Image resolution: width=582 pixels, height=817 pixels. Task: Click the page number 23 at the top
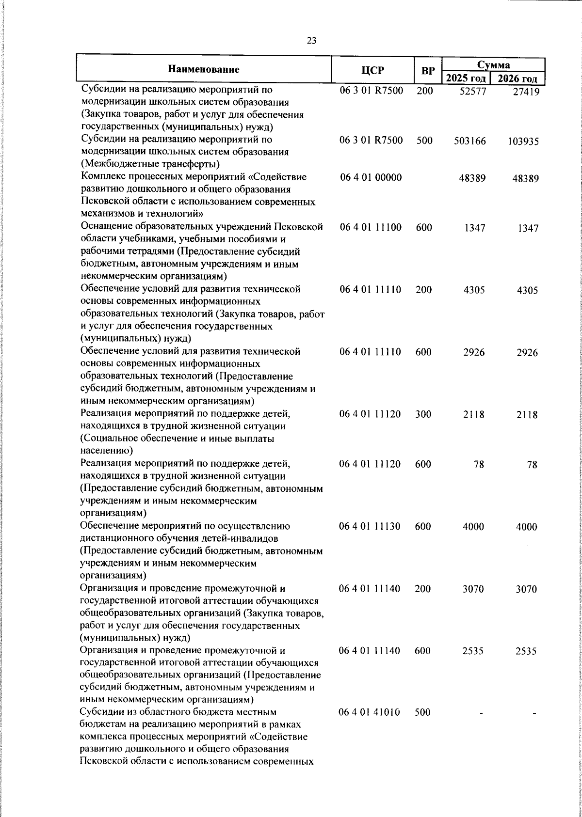(x=311, y=40)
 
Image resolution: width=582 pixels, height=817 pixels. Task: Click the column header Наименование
(x=204, y=69)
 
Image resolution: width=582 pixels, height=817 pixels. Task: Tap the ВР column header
(x=427, y=71)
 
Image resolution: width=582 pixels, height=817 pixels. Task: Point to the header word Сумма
(x=493, y=64)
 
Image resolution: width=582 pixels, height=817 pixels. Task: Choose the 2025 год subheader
(x=466, y=79)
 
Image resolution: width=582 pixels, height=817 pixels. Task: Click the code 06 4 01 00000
(x=371, y=178)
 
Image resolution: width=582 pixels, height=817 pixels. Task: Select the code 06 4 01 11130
(x=370, y=526)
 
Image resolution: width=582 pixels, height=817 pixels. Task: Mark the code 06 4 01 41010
(x=370, y=712)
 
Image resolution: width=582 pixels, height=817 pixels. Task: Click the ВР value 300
(x=423, y=414)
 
